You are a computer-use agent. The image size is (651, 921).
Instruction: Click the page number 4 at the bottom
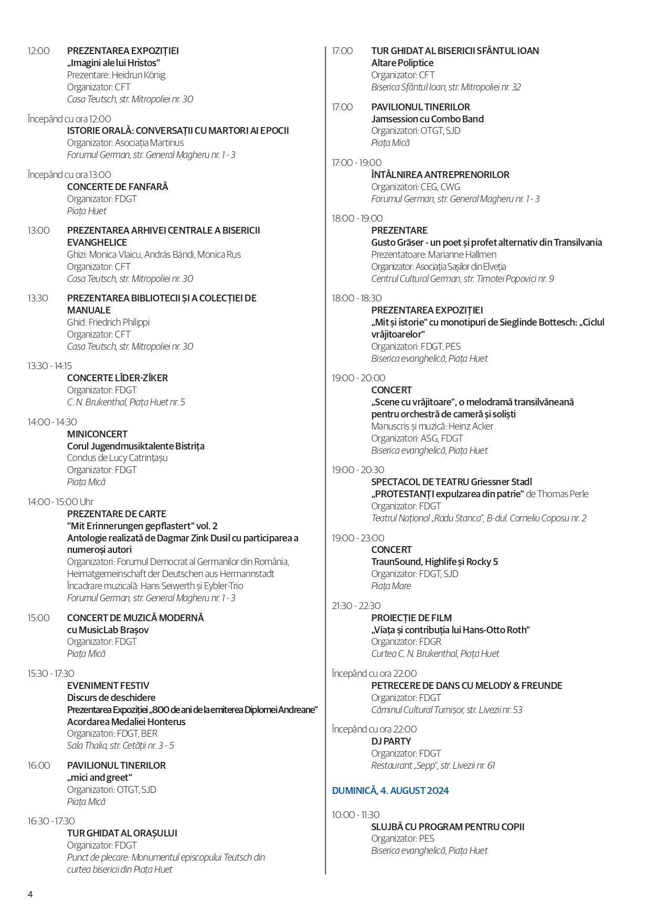(30, 894)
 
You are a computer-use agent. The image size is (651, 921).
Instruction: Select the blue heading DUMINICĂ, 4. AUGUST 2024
(390, 790)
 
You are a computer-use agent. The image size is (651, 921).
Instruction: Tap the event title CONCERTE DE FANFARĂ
(118, 187)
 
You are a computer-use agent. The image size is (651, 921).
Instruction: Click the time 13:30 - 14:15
(50, 366)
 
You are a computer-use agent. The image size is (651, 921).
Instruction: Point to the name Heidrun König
(138, 75)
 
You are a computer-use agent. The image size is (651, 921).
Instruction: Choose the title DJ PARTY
(391, 741)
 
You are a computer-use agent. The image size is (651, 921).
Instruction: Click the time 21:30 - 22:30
(356, 606)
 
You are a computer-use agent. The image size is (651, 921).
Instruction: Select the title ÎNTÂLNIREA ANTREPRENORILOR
(440, 175)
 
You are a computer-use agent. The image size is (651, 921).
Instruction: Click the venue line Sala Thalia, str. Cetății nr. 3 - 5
(121, 746)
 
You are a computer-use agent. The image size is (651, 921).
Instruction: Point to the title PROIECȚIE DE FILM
(411, 618)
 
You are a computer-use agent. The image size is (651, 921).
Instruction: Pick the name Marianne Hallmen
(462, 255)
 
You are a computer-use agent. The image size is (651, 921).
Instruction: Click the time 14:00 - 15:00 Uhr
(61, 502)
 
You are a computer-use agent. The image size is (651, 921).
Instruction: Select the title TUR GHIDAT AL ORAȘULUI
(122, 833)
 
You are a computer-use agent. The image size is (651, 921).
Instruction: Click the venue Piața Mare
(391, 586)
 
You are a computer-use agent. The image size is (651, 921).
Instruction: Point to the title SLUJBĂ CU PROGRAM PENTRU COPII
(447, 827)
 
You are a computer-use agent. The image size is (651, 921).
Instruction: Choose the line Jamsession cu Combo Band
(427, 119)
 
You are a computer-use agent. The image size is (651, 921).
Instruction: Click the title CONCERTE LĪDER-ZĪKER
(118, 378)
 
